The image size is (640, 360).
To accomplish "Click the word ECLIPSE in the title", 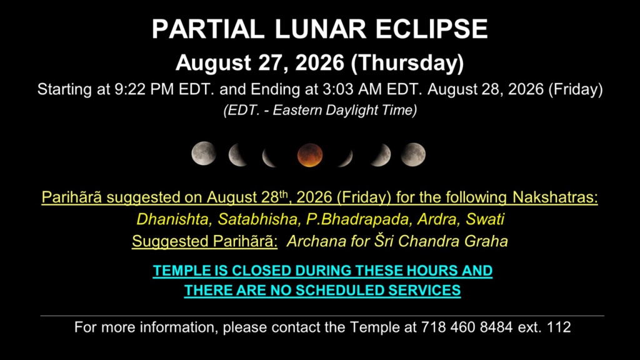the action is click(431, 29).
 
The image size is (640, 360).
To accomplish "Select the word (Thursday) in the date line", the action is click(407, 63).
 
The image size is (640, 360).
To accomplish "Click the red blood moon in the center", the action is click(310, 155).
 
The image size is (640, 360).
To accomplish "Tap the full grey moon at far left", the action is click(204, 154).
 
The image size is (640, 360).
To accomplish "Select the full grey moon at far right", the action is click(412, 155).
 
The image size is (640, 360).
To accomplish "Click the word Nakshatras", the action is click(555, 197).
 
